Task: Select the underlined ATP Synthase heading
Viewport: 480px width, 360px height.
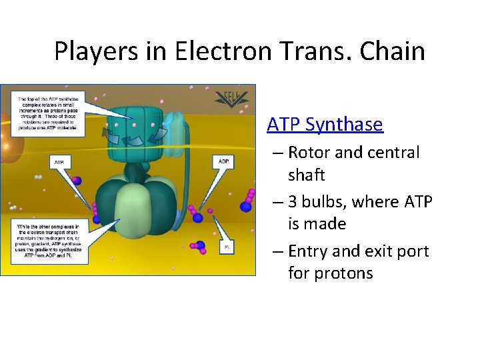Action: point(325,124)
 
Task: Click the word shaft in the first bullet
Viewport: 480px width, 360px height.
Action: point(306,175)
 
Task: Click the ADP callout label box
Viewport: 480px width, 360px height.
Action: point(223,161)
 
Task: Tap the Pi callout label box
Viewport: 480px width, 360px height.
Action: point(227,247)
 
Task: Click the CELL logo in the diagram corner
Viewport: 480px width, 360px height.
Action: point(233,98)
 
